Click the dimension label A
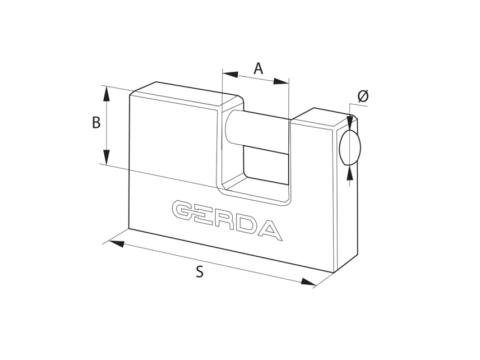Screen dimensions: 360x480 [x=258, y=68]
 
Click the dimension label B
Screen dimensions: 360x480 [x=96, y=123]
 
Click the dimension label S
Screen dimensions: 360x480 [x=200, y=272]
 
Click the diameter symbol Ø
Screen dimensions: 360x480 [x=363, y=96]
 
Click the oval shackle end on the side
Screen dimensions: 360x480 [x=350, y=147]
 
